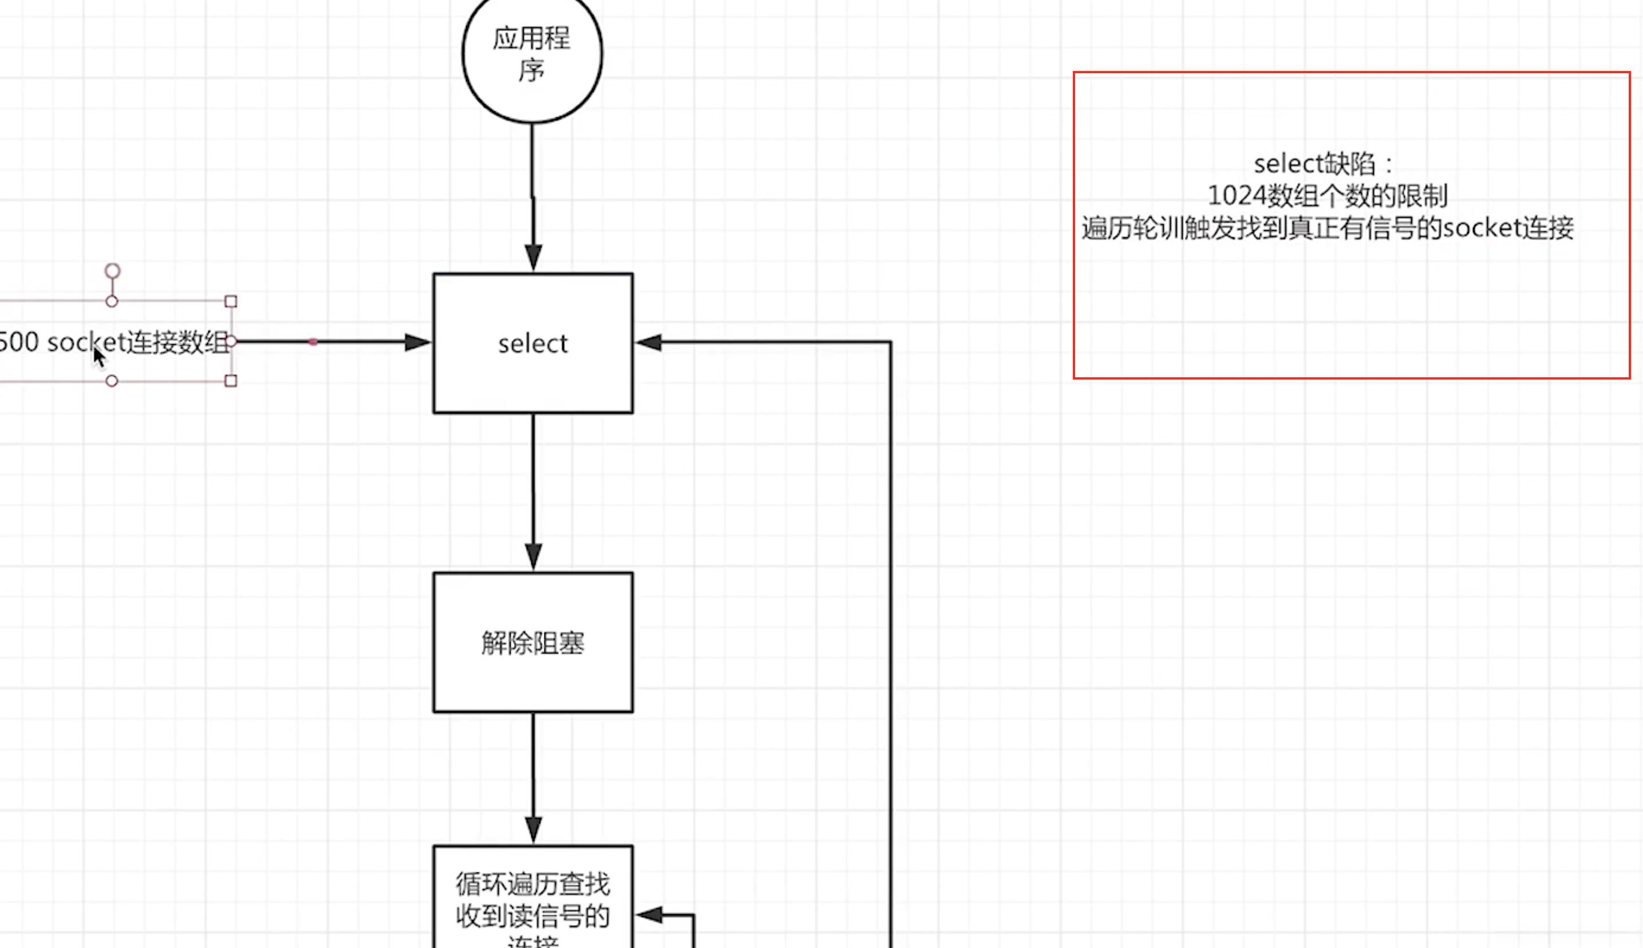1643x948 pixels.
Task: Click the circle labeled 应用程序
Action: click(532, 56)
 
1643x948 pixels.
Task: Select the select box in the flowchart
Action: click(532, 343)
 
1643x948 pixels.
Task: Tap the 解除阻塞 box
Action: click(532, 643)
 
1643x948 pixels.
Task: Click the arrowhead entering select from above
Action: click(533, 258)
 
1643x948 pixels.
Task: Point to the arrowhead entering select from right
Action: click(649, 342)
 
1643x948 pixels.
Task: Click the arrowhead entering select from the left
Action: click(417, 342)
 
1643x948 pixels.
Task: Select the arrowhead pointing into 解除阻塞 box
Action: click(533, 556)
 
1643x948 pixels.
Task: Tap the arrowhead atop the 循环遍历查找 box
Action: click(533, 829)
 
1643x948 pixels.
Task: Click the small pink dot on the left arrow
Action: click(313, 342)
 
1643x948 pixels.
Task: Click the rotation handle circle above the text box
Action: click(113, 271)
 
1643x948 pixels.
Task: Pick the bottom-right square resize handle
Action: click(231, 381)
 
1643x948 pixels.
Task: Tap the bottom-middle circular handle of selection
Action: click(112, 381)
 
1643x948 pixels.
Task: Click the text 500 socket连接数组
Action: click(114, 342)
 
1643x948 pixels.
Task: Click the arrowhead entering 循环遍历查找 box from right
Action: click(649, 915)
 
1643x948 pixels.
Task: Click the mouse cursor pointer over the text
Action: click(98, 356)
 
